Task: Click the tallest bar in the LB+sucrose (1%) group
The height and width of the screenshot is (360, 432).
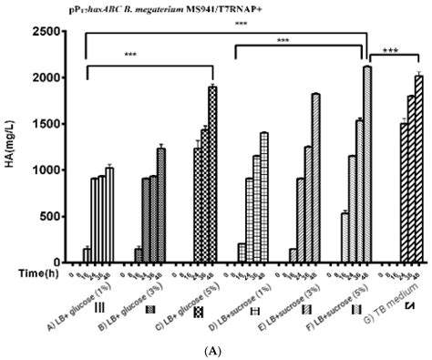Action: pos(264,197)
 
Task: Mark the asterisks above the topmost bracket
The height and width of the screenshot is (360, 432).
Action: pos(240,24)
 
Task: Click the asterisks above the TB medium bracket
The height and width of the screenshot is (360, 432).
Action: pos(396,51)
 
